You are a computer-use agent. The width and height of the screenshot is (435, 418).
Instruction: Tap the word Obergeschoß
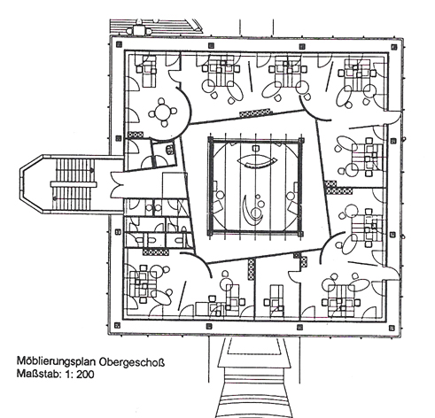131,361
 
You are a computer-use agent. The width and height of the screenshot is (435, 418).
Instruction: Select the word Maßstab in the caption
37,374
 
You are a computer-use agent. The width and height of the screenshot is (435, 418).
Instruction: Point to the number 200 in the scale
85,375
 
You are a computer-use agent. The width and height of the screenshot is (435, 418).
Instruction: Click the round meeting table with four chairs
162,112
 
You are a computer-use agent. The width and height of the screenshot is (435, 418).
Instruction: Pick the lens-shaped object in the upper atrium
257,161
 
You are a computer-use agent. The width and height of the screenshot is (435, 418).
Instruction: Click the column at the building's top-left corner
119,44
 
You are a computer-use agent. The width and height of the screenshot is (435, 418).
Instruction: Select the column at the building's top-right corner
393,47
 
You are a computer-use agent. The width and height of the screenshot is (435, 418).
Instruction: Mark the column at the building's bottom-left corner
117,325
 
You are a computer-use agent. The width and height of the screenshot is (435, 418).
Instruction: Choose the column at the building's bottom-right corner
392,328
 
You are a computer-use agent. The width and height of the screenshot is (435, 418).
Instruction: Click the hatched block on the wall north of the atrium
255,112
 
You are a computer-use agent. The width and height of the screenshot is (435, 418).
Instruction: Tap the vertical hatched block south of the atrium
251,268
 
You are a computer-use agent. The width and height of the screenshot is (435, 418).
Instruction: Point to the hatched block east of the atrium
338,189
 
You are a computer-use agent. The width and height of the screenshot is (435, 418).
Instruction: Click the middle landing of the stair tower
74,184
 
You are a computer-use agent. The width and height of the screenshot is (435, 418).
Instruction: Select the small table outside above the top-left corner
138,30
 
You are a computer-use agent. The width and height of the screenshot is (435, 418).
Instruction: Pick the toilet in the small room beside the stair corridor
169,150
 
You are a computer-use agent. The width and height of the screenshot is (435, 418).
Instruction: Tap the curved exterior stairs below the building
253,392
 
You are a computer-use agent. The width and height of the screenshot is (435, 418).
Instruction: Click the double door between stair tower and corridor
118,185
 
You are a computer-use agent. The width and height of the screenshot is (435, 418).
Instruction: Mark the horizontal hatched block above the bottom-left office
156,252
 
